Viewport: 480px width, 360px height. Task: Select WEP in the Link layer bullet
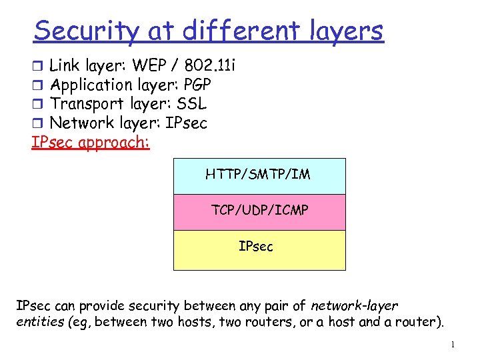point(149,65)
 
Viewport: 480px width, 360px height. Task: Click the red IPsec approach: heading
point(91,143)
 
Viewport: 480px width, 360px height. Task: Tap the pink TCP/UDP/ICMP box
point(259,212)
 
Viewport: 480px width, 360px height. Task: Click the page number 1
point(453,345)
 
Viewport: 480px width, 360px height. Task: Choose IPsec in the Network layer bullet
point(185,123)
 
